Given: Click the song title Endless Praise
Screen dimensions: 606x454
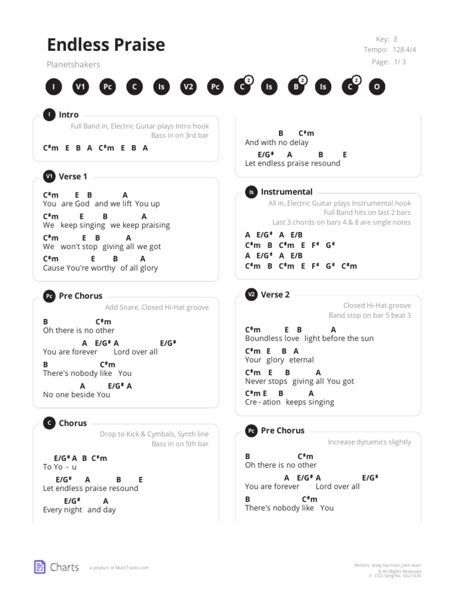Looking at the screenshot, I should coord(106,45).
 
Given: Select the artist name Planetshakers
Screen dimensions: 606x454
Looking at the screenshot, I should coord(73,65).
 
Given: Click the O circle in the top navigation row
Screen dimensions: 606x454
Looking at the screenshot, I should coord(377,87).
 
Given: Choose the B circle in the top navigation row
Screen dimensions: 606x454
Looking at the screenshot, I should coord(296,87).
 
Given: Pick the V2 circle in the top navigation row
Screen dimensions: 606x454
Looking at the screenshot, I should coord(188,87).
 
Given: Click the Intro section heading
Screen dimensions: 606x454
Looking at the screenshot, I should coord(69,115).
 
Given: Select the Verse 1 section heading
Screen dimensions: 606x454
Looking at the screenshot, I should coord(73,176).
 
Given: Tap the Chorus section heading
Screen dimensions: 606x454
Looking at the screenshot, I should coord(73,423).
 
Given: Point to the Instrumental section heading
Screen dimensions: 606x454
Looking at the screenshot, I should coord(287,192).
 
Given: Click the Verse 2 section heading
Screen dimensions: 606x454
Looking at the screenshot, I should coord(275,295).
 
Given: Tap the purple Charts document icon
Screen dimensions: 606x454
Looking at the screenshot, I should coord(40,567).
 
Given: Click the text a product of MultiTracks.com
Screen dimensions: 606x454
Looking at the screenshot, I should coord(119,568).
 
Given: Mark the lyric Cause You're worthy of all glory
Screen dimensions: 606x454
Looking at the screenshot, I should coord(100,268).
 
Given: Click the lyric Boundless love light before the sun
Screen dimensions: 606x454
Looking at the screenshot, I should coord(309,339).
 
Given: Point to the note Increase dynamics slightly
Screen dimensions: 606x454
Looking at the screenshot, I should coord(369,442).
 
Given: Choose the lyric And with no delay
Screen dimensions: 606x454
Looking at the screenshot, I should coord(277,143).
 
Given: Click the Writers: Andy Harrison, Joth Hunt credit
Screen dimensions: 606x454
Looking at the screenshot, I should coord(388,566).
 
